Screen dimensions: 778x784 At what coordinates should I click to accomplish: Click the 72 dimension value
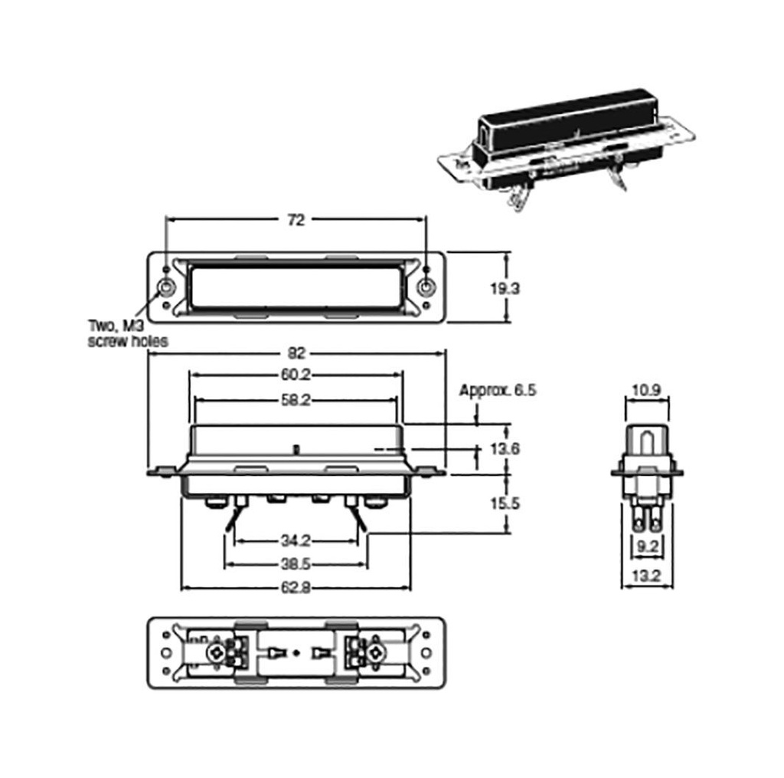coord(296,220)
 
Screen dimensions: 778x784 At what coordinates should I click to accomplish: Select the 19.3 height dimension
coord(505,288)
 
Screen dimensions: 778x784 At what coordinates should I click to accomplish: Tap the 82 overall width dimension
coord(297,353)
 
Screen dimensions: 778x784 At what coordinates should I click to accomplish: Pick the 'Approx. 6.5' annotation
coord(498,390)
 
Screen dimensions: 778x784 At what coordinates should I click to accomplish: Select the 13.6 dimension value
coord(505,448)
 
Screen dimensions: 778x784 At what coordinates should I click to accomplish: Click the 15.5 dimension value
coord(505,504)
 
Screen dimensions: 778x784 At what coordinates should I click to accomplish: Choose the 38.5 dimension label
coord(295,565)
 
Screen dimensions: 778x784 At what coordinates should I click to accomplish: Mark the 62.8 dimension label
coord(295,588)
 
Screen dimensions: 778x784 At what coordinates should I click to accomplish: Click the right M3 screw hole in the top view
coord(426,288)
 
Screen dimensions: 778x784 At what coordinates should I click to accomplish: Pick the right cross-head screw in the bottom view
coord(376,654)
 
